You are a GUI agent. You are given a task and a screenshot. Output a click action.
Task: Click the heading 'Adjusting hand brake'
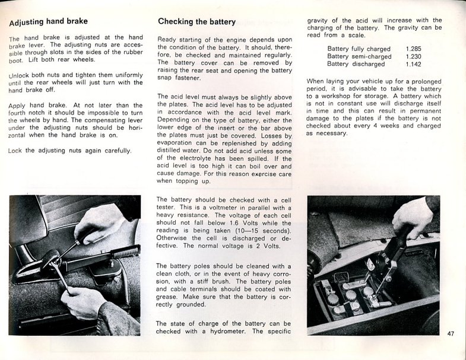(x=49, y=21)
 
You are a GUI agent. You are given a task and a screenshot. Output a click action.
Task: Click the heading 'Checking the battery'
(x=196, y=21)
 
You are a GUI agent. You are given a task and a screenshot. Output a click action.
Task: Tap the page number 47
(x=451, y=334)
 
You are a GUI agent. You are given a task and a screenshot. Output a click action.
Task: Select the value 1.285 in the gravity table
(x=414, y=49)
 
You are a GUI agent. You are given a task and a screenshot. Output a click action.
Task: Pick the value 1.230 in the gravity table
(x=414, y=56)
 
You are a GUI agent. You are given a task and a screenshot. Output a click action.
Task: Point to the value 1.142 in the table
(x=414, y=64)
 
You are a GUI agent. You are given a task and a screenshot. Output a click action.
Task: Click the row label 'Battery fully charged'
(x=359, y=49)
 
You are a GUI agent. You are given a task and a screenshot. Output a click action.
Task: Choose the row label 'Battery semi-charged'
(x=359, y=56)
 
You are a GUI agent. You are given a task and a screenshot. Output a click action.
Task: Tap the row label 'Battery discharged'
(x=356, y=64)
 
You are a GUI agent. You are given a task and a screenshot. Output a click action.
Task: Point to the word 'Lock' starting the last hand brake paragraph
(x=15, y=151)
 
